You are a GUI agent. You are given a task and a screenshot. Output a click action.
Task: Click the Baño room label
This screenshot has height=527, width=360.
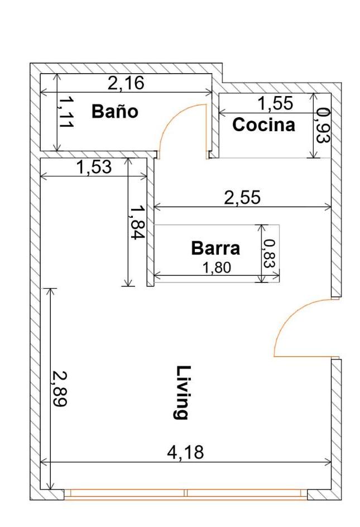coord(115,111)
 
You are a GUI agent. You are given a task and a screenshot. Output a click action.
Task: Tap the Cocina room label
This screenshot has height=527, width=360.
coord(264,124)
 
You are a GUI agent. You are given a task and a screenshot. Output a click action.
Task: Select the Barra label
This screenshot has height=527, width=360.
coord(215,248)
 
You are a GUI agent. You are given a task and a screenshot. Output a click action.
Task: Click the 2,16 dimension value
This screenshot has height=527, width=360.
coord(126,83)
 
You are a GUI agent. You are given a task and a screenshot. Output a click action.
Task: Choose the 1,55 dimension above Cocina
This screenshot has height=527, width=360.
coord(275,103)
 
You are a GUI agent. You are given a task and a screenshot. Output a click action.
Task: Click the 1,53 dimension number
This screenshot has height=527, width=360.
coord(93,167)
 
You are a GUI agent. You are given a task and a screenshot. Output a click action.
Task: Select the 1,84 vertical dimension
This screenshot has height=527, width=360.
coord(137,222)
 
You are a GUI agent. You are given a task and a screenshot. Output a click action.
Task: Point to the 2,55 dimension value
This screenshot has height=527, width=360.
coord(242,198)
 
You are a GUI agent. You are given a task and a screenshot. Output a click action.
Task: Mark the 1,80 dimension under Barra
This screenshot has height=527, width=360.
coord(217,268)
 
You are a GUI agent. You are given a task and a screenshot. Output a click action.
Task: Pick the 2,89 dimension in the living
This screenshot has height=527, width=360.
coord(59,389)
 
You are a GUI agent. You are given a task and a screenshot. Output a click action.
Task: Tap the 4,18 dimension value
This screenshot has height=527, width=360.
coord(185,452)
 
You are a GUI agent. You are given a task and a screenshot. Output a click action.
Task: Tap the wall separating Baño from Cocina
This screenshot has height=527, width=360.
coord(215,116)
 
